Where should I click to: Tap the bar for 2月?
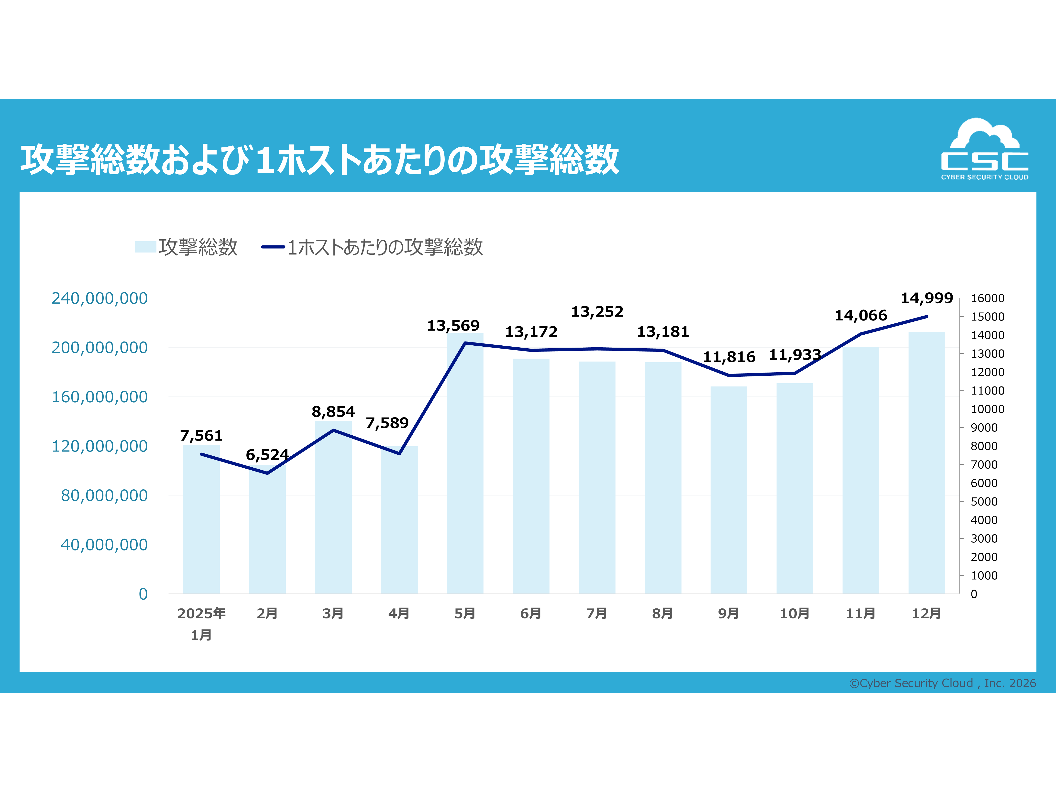point(267,530)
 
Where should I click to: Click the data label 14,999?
point(927,298)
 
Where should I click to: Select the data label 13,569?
point(453,326)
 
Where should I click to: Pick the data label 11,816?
point(729,357)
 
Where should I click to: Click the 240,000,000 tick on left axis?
point(100,298)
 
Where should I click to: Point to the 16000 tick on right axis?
point(987,298)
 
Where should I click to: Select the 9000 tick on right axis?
point(984,428)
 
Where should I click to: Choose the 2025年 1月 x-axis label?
point(201,624)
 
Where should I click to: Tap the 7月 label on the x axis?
point(597,614)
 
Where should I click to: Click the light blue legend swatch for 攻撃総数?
point(146,247)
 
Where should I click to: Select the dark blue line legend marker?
point(273,247)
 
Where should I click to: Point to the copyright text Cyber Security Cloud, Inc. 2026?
point(942,683)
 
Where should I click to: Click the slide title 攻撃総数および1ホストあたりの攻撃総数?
point(320,159)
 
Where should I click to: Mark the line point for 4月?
point(399,453)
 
